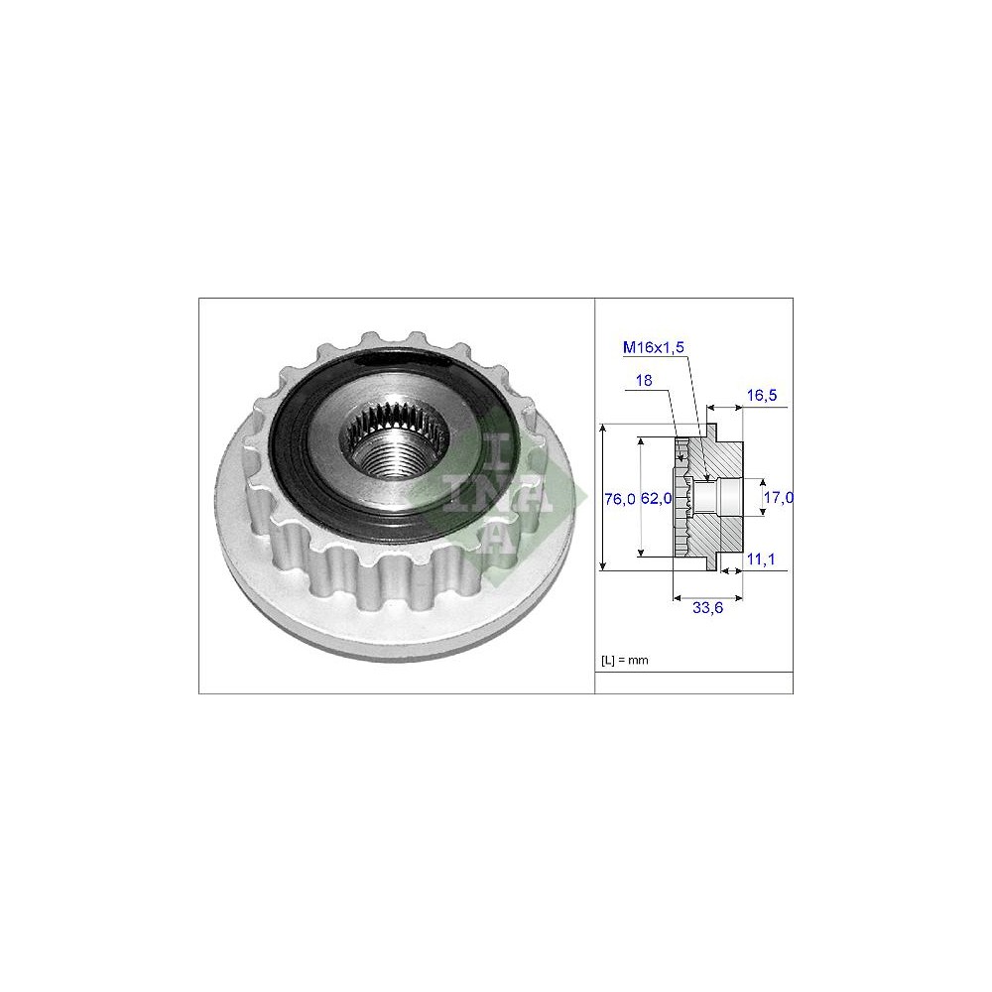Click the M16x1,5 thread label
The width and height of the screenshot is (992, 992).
click(654, 346)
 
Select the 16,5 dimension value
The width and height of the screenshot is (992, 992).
click(761, 395)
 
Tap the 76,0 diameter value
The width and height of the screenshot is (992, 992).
click(619, 499)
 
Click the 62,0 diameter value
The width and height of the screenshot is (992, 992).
click(657, 499)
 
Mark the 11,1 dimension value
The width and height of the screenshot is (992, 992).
click(760, 560)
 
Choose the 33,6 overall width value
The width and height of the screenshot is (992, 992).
click(705, 609)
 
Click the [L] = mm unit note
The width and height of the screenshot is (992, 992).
click(624, 660)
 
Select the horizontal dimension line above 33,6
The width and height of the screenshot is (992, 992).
click(705, 597)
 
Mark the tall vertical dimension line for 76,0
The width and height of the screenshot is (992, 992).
click(603, 496)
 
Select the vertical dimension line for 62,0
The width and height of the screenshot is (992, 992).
click(641, 496)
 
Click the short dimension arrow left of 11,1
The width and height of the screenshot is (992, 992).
click(734, 570)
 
